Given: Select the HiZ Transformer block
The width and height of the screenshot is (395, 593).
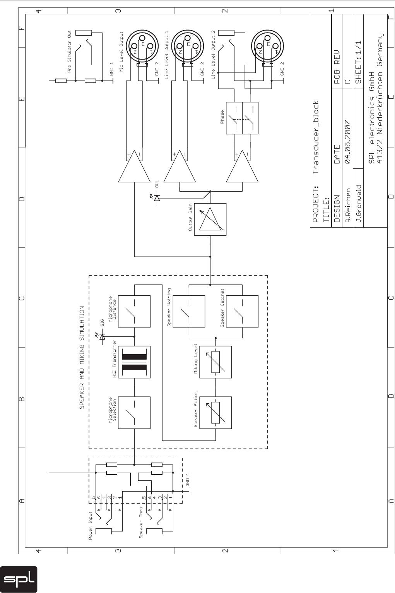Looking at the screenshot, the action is coord(134,362).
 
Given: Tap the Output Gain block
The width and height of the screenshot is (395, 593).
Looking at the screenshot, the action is coord(210,219).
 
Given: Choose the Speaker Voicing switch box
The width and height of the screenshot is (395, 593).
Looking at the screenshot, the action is coord(188,312).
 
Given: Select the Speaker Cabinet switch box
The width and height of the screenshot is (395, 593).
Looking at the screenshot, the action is coord(242,312).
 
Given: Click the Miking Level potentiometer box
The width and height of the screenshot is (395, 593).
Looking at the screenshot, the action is coord(215,362).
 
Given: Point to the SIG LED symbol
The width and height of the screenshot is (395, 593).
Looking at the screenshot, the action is coord(102,337).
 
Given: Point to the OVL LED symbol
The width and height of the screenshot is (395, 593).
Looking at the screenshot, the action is coord(156,198).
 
